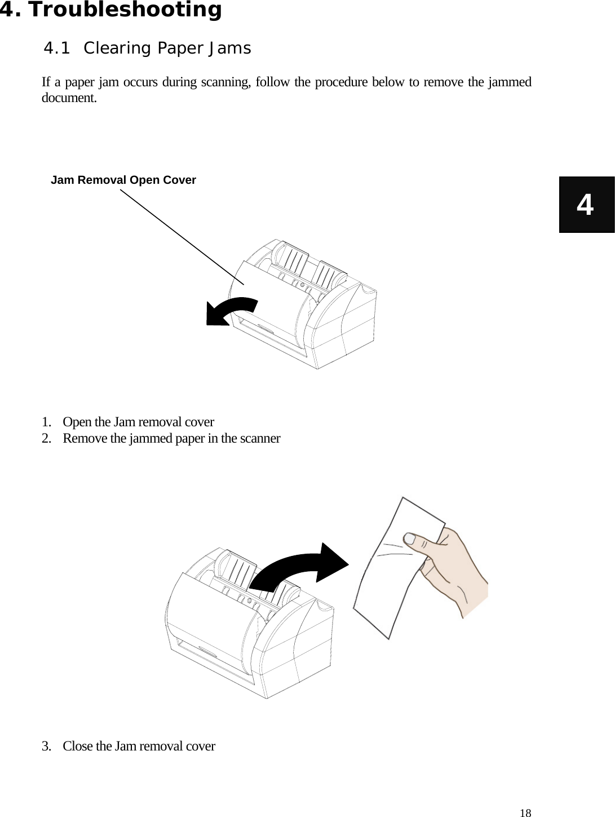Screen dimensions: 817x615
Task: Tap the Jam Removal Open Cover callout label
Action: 123,180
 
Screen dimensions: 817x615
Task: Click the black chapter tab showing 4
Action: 586,205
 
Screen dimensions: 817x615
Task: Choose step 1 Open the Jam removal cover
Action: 138,422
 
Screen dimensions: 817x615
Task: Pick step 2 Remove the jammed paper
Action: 171,438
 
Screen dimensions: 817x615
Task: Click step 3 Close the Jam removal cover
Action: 138,746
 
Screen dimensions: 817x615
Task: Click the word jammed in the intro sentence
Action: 510,82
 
